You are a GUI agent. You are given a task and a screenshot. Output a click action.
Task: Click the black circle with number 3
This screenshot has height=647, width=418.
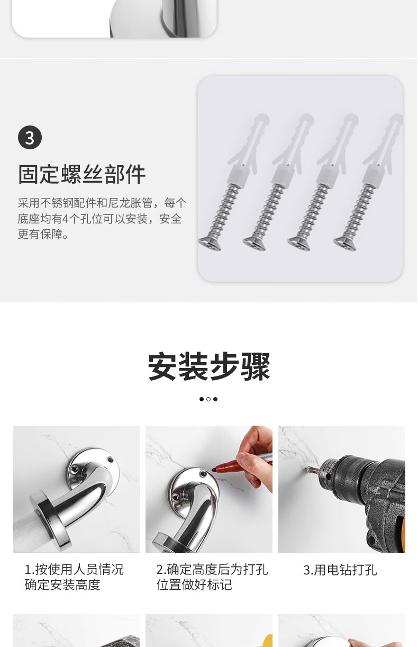click(30, 137)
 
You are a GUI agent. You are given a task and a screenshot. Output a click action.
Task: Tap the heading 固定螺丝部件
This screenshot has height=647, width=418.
click(81, 175)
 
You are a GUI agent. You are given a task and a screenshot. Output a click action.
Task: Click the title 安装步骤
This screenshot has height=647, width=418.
click(209, 366)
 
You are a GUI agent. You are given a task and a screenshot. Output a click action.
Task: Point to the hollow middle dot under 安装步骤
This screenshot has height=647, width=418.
click(208, 399)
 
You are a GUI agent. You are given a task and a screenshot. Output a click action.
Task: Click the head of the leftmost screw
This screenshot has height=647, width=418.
click(210, 243)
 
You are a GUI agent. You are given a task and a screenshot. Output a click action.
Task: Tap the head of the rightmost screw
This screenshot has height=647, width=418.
click(344, 243)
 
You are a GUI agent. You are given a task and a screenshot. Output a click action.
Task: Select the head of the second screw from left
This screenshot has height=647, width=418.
click(255, 243)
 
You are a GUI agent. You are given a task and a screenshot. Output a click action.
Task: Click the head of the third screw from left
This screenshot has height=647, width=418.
click(299, 243)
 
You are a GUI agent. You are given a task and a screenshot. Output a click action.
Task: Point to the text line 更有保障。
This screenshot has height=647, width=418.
click(43, 234)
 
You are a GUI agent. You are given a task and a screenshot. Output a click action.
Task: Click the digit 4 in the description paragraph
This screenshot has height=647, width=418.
click(65, 219)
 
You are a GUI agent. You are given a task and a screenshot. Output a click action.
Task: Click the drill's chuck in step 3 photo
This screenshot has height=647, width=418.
click(347, 477)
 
